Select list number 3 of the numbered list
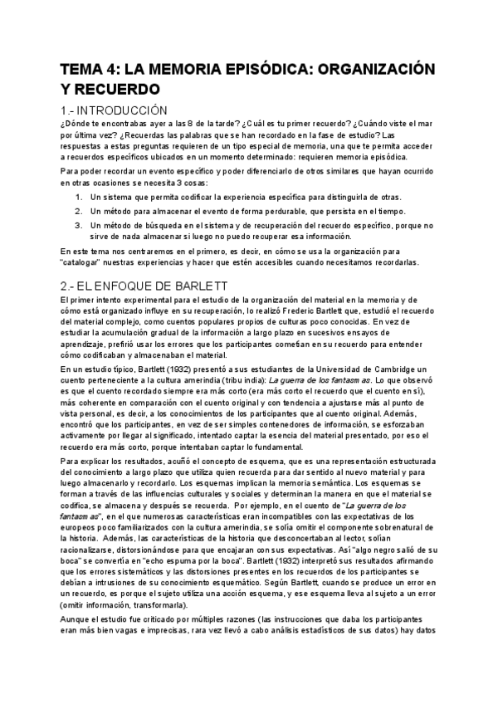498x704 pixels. (x=79, y=224)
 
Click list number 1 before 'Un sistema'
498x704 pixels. (x=79, y=197)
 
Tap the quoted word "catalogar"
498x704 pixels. (x=88, y=262)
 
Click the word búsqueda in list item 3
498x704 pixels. (x=159, y=224)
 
